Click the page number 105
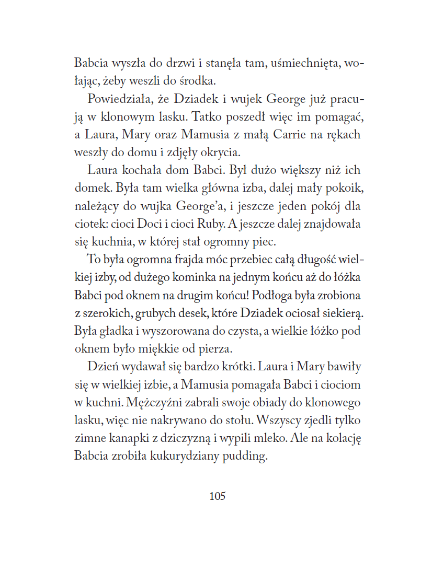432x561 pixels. (217, 496)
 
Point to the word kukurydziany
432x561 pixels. (179, 456)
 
